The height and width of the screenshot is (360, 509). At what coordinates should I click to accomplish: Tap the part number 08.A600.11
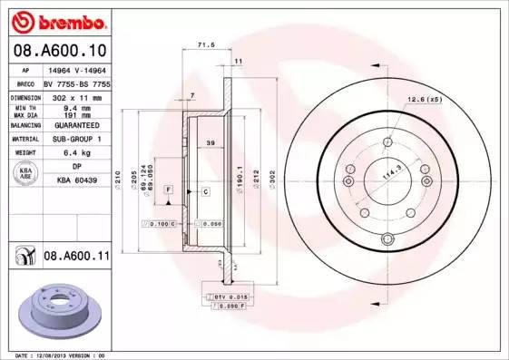[x=76, y=258]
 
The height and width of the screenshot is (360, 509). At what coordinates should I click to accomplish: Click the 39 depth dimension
[x=210, y=142]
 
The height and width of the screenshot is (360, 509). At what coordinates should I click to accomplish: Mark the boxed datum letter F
[x=168, y=188]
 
